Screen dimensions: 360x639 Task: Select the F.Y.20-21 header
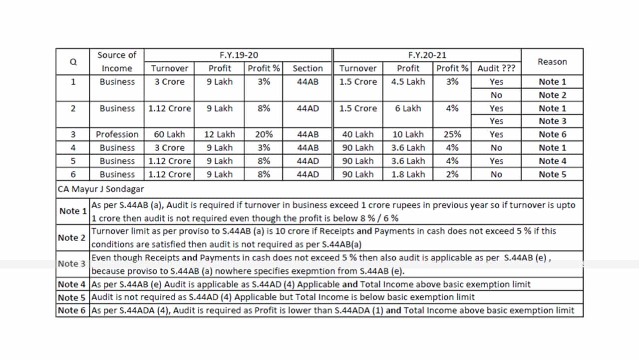click(427, 55)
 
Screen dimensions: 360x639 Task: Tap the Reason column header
click(552, 61)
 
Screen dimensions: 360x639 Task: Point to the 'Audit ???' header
click(496, 68)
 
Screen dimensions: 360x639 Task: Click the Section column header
click(308, 68)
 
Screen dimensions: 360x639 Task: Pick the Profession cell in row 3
click(117, 134)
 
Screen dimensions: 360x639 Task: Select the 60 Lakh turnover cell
click(170, 134)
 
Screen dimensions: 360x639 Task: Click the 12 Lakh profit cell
click(220, 134)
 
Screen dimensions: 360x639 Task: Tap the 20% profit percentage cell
click(264, 134)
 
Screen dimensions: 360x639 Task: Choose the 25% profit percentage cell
click(452, 134)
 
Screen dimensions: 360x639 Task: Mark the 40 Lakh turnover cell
click(358, 134)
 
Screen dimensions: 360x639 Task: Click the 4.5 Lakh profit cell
click(408, 81)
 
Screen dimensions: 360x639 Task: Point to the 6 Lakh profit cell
click(408, 108)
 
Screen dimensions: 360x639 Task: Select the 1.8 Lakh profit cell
click(408, 174)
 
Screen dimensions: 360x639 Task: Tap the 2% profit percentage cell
click(452, 174)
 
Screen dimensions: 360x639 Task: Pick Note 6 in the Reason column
click(552, 134)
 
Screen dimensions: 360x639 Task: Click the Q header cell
click(73, 62)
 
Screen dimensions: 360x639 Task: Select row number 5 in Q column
click(73, 161)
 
